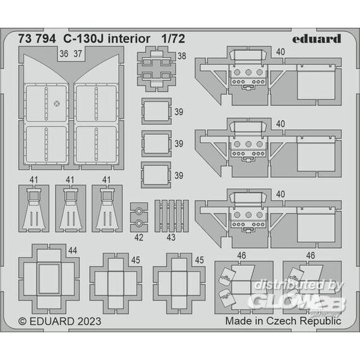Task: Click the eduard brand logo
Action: pyautogui.click(x=316, y=39)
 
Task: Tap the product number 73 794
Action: pyautogui.click(x=37, y=39)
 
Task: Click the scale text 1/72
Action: pyautogui.click(x=173, y=39)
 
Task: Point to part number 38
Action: pyautogui.click(x=182, y=56)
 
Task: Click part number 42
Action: pyautogui.click(x=139, y=237)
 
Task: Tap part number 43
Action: pyautogui.click(x=171, y=237)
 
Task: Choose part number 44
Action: pyautogui.click(x=73, y=250)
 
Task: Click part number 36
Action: pyautogui.click(x=64, y=54)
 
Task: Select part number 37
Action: pyautogui.click(x=78, y=54)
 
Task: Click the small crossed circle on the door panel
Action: pyautogui.click(x=57, y=104)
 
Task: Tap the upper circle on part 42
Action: pyautogui.click(x=139, y=211)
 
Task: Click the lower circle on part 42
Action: pyautogui.click(x=139, y=223)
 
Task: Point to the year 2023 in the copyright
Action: pyautogui.click(x=89, y=321)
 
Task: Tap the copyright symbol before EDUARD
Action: pyautogui.click(x=22, y=321)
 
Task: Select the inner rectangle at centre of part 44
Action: pyautogui.click(x=49, y=279)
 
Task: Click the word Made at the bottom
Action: pyautogui.click(x=237, y=321)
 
